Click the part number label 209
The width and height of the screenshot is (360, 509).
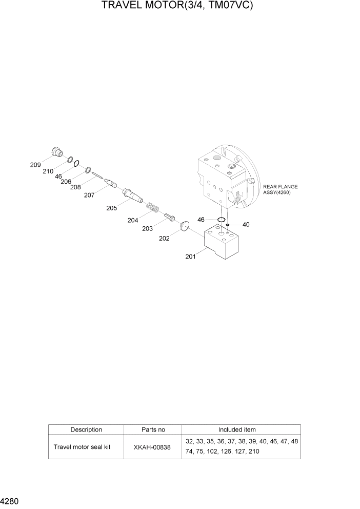click(35, 165)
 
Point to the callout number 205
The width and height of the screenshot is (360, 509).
click(111, 208)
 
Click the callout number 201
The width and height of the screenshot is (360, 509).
click(191, 257)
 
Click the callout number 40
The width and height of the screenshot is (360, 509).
click(246, 224)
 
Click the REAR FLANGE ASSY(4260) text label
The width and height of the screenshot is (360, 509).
click(280, 189)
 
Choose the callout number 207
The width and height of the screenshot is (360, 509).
click(89, 195)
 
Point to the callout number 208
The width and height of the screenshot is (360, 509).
click(75, 187)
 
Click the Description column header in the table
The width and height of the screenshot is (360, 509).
click(86, 429)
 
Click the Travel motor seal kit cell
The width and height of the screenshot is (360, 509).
click(82, 446)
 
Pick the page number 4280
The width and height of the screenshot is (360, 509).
click(10, 500)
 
